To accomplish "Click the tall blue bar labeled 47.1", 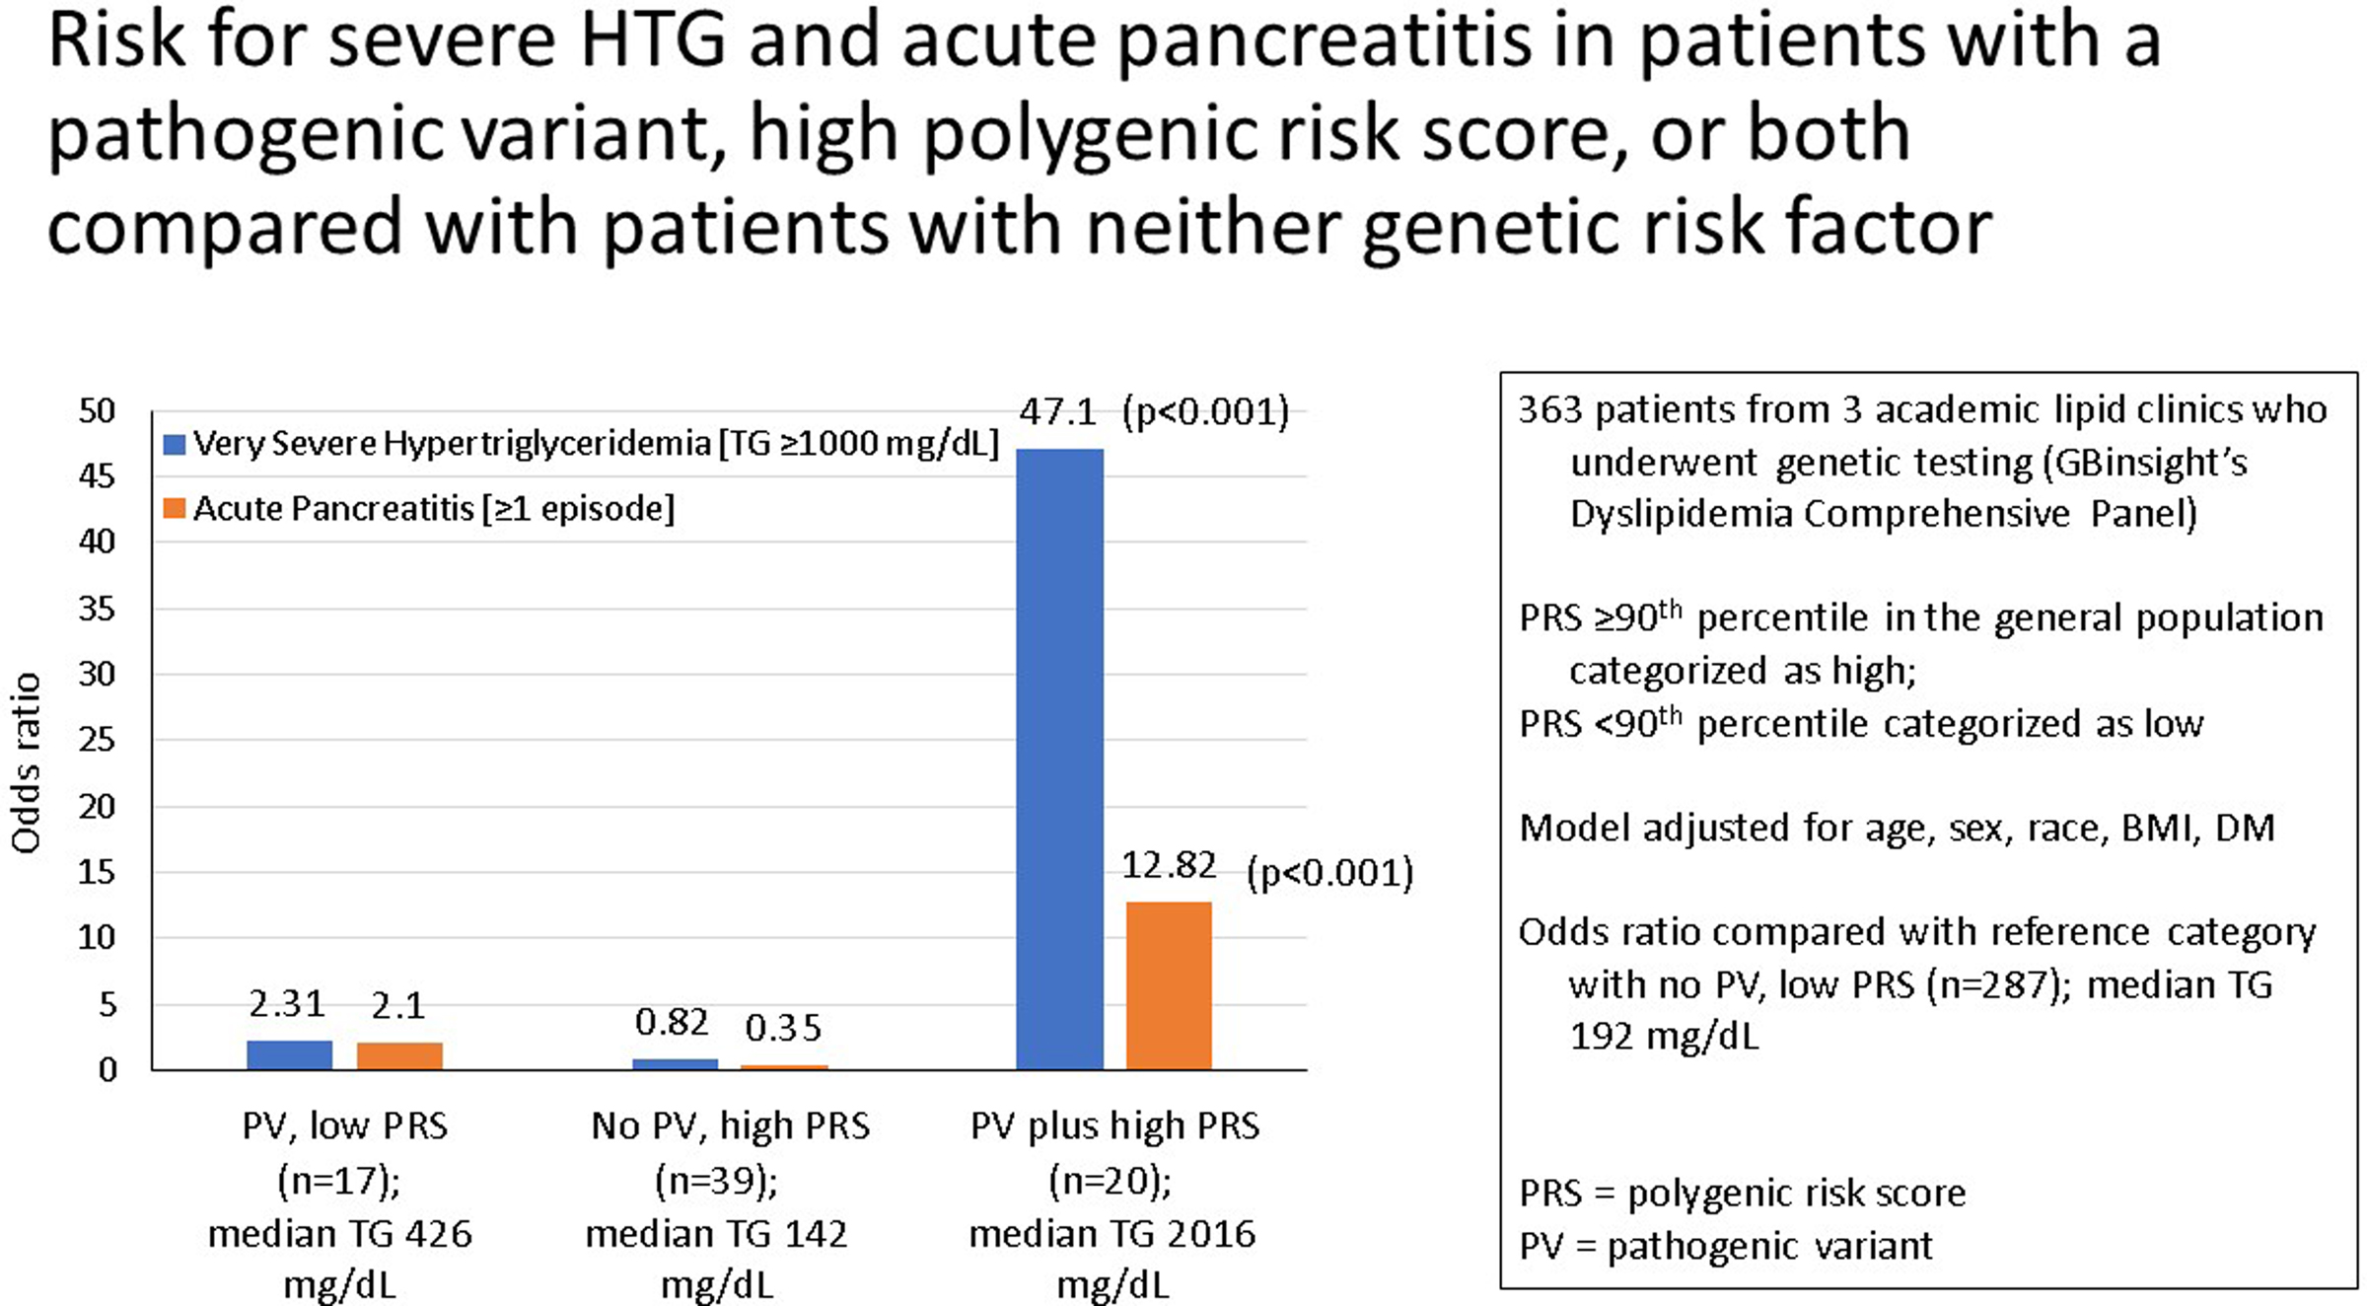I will (x=1059, y=760).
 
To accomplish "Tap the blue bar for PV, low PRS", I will (x=289, y=1054).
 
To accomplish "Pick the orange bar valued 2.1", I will (x=399, y=1055).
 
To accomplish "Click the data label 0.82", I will (x=672, y=1023).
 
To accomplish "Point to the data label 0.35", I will (x=783, y=1028).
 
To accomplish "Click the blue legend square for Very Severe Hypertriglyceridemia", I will (x=175, y=445).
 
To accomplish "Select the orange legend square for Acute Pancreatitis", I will (x=175, y=509).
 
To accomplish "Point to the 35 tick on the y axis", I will (x=97, y=609).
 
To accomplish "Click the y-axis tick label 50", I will (x=97, y=410).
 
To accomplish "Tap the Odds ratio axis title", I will (x=27, y=762).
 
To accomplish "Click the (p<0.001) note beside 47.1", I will (x=1205, y=412).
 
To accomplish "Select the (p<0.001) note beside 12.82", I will (x=1329, y=873).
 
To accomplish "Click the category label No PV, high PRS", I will (x=730, y=1125).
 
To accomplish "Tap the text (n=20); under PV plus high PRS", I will (x=1111, y=1180).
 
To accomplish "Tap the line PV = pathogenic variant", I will (x=1725, y=1246).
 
